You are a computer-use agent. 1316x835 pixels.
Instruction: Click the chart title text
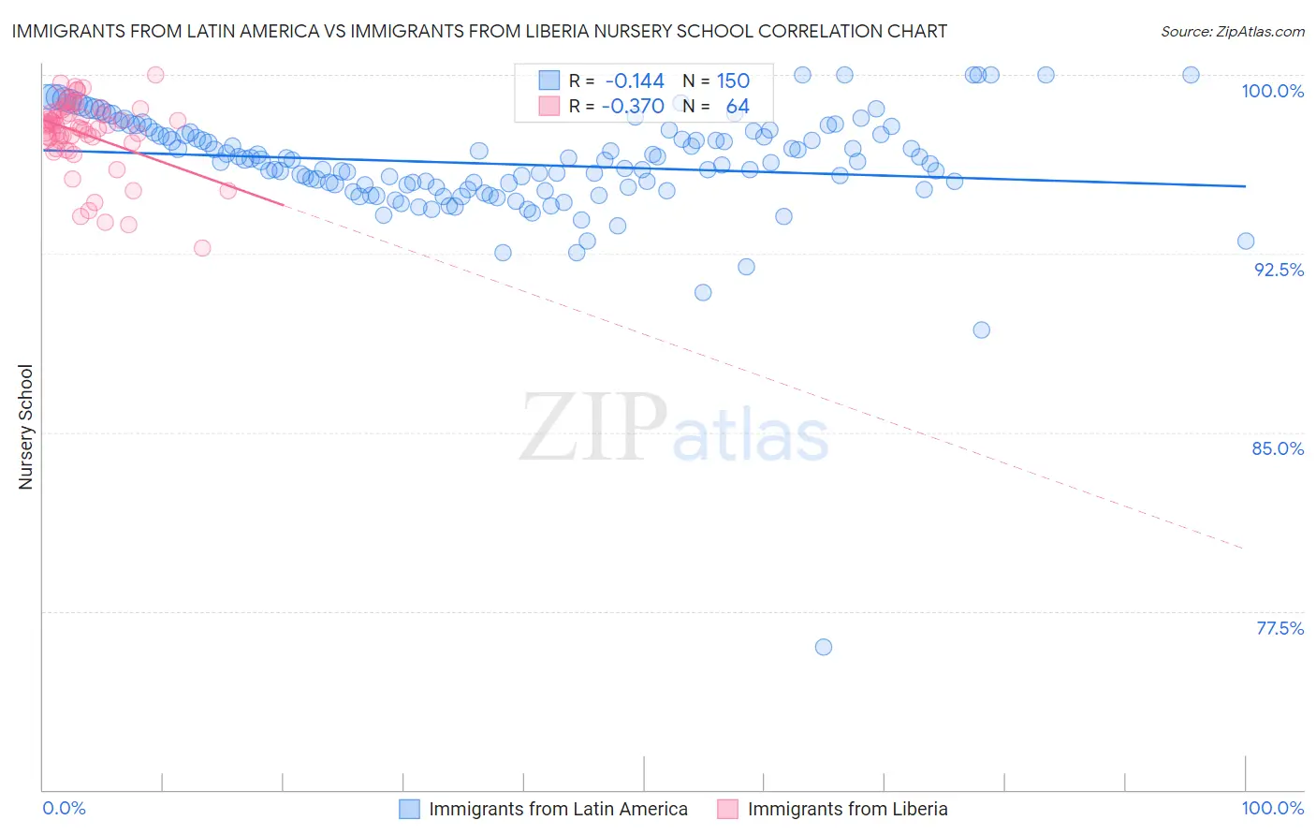478,31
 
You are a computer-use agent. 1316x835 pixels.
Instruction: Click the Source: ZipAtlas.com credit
1232,31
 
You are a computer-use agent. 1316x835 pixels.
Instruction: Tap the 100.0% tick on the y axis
1272,91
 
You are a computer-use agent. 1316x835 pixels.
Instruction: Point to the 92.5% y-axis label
1278,270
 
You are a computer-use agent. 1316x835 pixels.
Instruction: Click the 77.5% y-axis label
1279,628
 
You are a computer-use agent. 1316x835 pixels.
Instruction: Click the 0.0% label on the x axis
64,808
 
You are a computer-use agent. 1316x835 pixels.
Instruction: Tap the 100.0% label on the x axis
1272,808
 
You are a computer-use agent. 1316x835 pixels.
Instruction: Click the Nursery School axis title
25,427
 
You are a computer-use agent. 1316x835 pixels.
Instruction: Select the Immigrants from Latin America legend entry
558,809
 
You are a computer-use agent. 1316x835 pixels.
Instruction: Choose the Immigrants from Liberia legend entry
847,809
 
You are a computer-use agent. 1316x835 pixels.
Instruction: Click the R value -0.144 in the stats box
635,81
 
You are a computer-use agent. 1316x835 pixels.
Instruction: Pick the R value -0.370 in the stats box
633,107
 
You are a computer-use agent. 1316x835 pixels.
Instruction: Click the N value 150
733,81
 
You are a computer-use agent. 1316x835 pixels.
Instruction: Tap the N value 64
738,107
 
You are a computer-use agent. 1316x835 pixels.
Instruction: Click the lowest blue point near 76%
824,647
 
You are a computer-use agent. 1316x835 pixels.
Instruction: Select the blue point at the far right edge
1246,241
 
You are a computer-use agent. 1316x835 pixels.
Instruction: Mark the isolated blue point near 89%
981,330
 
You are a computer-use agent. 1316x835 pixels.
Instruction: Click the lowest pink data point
202,248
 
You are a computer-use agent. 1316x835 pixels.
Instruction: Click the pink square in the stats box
548,107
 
